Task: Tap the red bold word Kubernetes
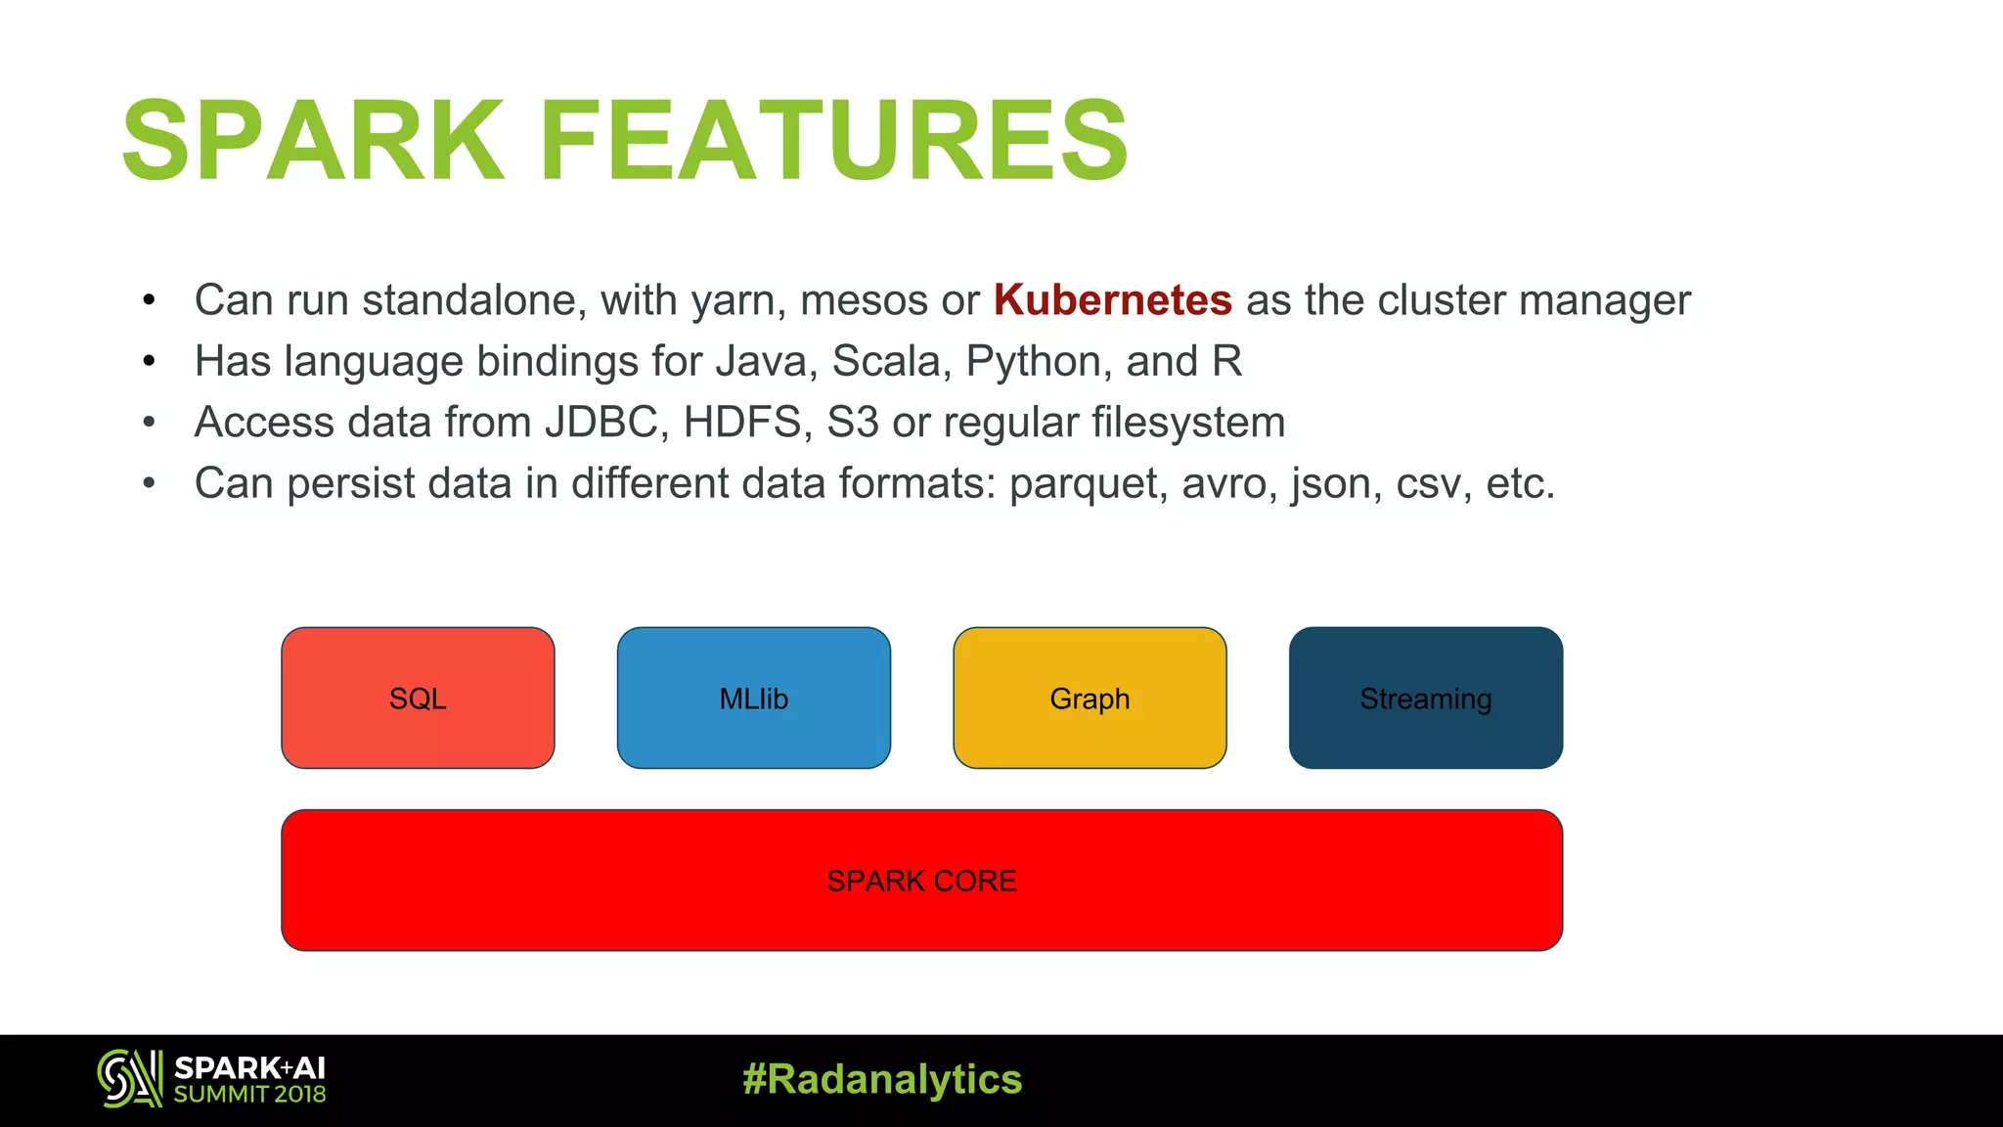point(1112,300)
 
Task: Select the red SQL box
point(418,699)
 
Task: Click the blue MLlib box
point(753,699)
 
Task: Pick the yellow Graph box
point(1090,699)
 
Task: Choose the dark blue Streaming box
point(1425,699)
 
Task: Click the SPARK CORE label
point(921,881)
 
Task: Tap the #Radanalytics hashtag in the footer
point(882,1080)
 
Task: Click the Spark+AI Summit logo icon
point(129,1079)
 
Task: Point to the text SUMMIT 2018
point(249,1095)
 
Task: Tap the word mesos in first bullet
point(863,300)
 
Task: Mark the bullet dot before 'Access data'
point(149,423)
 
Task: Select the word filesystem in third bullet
point(1187,423)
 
